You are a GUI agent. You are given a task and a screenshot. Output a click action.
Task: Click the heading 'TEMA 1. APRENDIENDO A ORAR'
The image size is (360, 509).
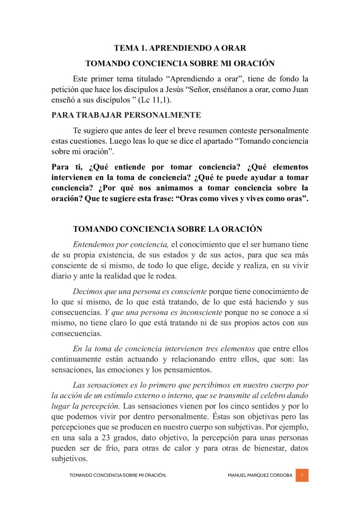coord(180,48)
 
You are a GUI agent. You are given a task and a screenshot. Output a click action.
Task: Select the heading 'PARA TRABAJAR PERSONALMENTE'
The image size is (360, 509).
coord(126,115)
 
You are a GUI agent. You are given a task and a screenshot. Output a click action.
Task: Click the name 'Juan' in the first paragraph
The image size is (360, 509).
coord(298,89)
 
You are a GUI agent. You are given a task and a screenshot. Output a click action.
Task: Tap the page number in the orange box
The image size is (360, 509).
coord(302,476)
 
